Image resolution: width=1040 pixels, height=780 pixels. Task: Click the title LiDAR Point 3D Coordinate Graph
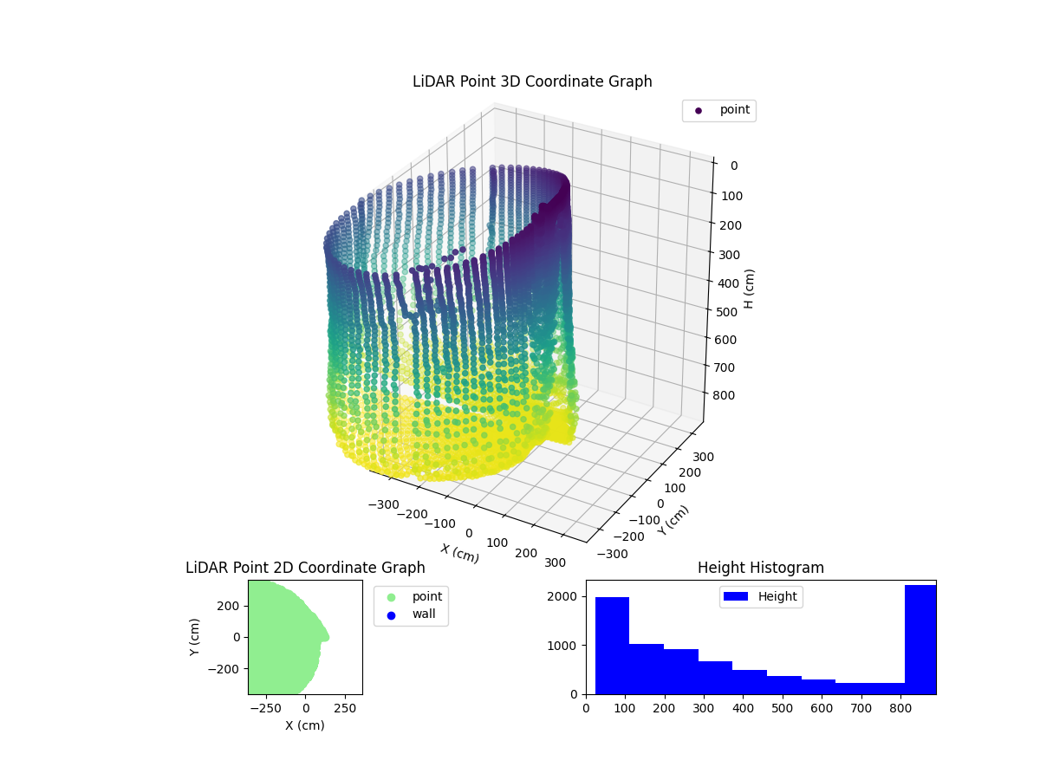click(532, 81)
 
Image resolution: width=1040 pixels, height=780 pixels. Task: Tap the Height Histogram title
click(760, 568)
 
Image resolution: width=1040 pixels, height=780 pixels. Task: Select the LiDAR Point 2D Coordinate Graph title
click(305, 568)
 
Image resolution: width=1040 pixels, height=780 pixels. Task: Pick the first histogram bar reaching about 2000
click(612, 646)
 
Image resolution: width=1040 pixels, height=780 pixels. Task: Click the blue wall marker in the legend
click(391, 614)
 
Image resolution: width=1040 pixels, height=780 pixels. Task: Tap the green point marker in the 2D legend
click(391, 596)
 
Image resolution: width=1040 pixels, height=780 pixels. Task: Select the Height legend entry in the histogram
click(760, 596)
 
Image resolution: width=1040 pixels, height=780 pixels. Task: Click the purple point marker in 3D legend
click(699, 110)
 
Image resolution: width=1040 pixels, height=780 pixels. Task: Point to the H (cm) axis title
click(750, 289)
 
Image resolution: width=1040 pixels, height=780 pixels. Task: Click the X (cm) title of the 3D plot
click(459, 553)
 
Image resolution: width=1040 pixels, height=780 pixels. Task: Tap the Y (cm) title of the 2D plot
click(195, 637)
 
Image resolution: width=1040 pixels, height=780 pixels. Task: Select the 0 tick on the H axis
click(733, 166)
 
